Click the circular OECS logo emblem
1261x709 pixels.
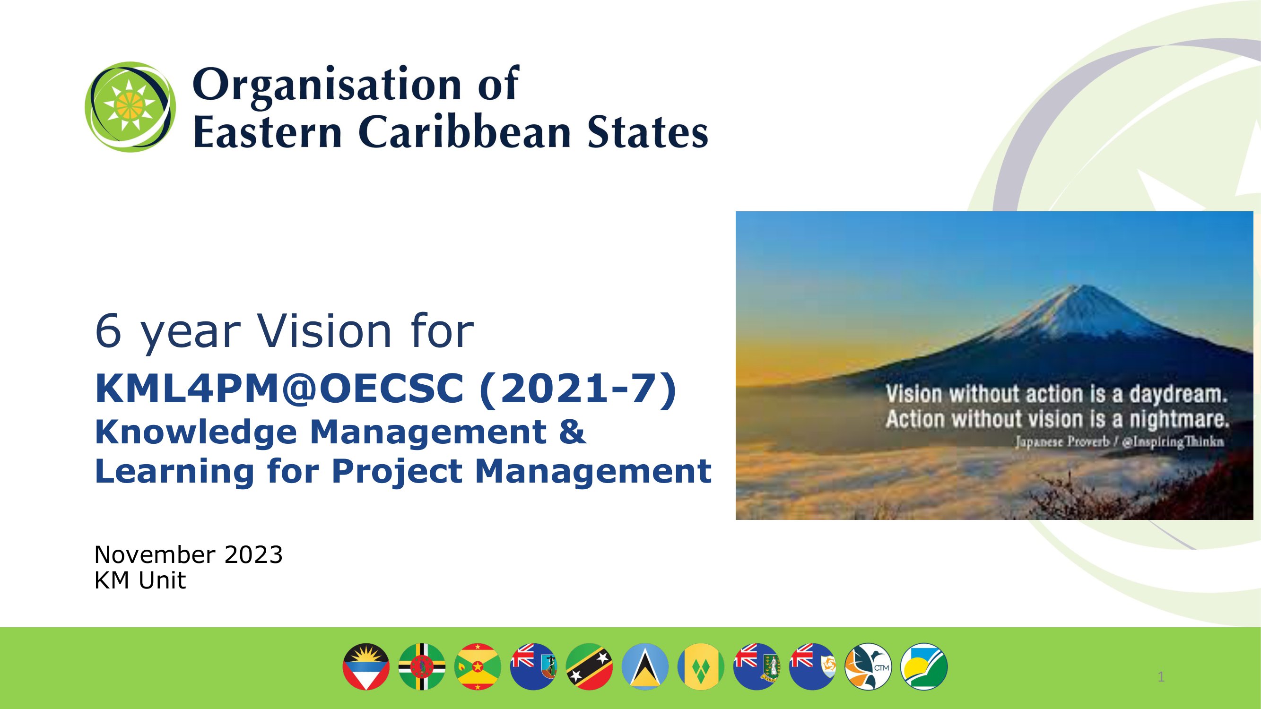coord(130,107)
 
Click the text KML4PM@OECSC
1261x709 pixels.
coord(279,389)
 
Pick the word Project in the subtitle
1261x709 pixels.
coord(397,471)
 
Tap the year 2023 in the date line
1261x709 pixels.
coord(253,555)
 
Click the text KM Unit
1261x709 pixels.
coord(140,581)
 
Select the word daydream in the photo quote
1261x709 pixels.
coord(1178,394)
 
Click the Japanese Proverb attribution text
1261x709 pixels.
coord(1119,442)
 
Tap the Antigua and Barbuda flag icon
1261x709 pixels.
coord(366,666)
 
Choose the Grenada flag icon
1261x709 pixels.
coord(478,666)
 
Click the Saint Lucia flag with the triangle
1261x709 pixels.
coord(645,666)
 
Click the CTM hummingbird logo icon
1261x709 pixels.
coord(869,666)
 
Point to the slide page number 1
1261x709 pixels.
coord(1161,677)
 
